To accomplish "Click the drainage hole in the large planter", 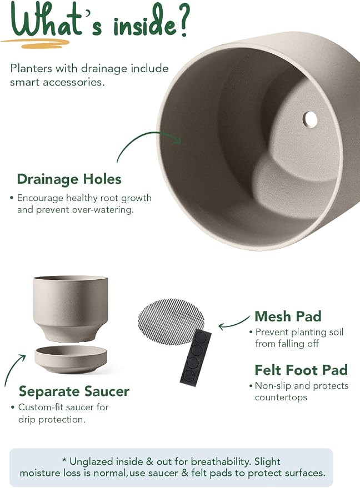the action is point(310,119).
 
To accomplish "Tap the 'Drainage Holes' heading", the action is point(69,179).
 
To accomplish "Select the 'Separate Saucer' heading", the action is point(74,391).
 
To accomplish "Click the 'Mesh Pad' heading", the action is point(288,316).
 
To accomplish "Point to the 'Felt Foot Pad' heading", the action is point(301,370).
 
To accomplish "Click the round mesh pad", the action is point(171,321).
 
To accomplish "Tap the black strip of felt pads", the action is point(196,358).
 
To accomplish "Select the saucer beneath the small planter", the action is point(71,359).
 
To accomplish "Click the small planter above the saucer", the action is point(71,308).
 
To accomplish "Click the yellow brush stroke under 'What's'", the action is point(36,43).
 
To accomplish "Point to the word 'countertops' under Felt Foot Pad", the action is point(281,398).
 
